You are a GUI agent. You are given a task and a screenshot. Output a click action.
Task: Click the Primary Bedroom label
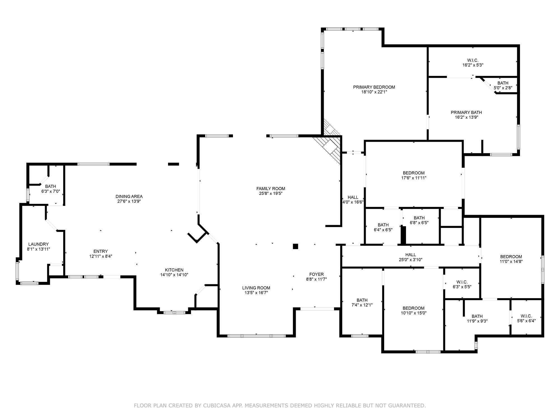click(x=374, y=87)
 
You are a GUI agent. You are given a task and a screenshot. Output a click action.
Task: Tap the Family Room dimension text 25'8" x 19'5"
click(x=270, y=193)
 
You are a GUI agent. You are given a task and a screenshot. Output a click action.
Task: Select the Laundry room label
click(x=38, y=244)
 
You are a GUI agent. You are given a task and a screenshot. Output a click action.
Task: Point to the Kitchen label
click(x=174, y=270)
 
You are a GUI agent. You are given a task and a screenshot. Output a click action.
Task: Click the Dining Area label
click(x=129, y=197)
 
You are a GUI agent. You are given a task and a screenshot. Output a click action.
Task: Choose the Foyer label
click(x=316, y=274)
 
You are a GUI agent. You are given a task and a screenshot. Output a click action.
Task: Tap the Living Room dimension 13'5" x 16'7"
click(x=256, y=293)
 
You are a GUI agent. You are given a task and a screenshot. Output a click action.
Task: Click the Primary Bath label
click(x=466, y=113)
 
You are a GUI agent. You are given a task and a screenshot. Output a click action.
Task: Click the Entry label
click(x=101, y=251)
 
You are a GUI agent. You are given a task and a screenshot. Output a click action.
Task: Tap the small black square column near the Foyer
click(x=295, y=246)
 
